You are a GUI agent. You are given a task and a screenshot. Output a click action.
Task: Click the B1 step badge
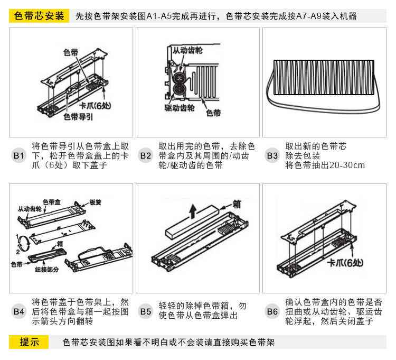click(18, 155)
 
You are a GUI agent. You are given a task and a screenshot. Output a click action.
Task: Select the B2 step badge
click(145, 155)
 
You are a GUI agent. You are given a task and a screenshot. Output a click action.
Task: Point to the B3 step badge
click(272, 155)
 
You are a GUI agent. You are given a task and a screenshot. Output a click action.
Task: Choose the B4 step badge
click(18, 311)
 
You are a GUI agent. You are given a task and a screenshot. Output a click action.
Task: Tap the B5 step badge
click(145, 311)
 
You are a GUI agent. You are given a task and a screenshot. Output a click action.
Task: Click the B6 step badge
click(272, 311)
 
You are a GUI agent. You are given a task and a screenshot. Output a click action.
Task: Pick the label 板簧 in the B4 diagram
click(95, 202)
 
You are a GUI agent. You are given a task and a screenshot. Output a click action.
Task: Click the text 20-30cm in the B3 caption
click(347, 165)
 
